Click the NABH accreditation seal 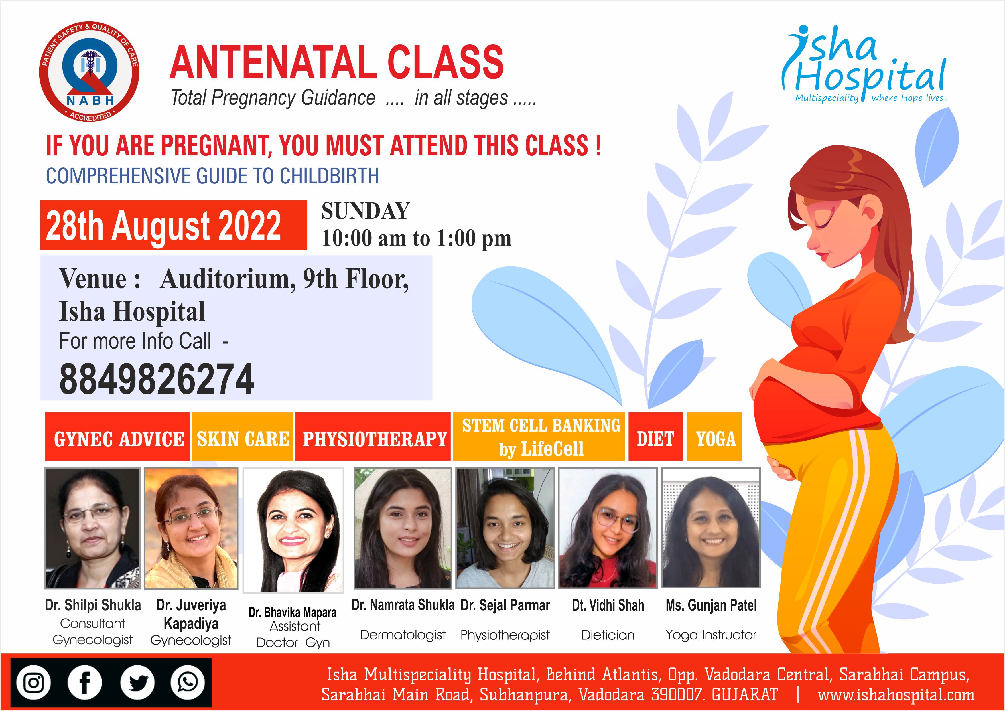point(89,72)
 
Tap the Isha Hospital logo point(864,65)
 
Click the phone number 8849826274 point(156,379)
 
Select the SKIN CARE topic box point(243,437)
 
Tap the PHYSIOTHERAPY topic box point(373,437)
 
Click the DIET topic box point(656,437)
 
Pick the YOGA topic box point(714,437)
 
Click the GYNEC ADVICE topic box point(117,437)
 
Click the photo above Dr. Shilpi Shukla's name point(93,528)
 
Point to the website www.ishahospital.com point(896,695)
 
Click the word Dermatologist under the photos point(403,635)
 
